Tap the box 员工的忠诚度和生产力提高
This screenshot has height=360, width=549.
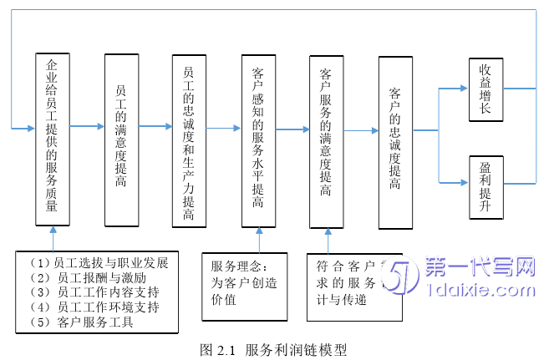tap(189, 140)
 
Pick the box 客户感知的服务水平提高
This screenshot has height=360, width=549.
tap(258, 140)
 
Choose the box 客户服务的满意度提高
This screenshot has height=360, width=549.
tap(326, 140)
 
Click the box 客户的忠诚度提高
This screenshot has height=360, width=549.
tap(395, 142)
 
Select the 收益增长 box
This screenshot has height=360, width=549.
tap(485, 89)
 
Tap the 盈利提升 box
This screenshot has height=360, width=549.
tap(485, 187)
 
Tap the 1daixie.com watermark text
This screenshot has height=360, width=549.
tap(479, 292)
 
